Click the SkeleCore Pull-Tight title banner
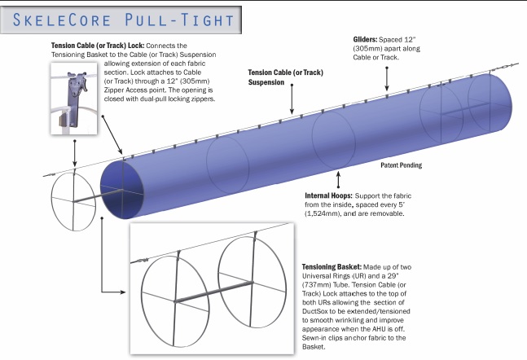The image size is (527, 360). coord(121,20)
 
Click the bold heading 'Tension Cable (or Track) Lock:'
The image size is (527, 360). coord(98,46)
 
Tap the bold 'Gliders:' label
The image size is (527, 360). coord(365,39)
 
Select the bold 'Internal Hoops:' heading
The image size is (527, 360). coord(329,195)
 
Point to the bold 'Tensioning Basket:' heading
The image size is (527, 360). coord(332,267)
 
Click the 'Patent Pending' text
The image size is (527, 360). coord(402,165)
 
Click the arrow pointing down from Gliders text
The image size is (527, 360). coord(387,79)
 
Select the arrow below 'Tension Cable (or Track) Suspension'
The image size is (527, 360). coord(292,99)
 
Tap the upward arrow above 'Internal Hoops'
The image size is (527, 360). coord(339,179)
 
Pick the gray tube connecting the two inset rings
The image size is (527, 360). coord(213,292)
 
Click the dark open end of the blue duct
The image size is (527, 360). coord(121,190)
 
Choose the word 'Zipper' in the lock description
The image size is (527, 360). coord(113,90)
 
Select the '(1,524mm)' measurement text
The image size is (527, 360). coord(320,213)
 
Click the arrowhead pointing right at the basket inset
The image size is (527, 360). coord(123,292)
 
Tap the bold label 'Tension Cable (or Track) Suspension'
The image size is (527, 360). coord(285,77)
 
